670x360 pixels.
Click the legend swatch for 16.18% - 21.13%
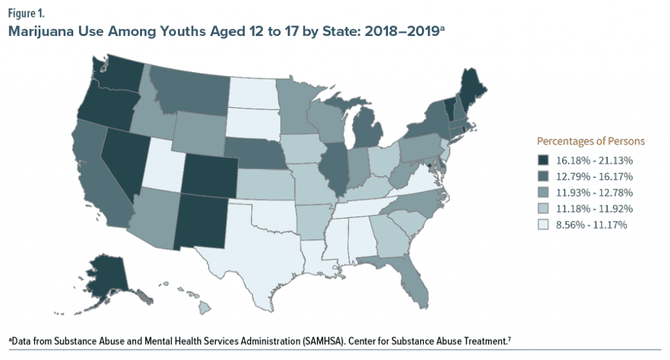[x=542, y=160]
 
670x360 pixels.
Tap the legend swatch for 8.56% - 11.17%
[x=542, y=225]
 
